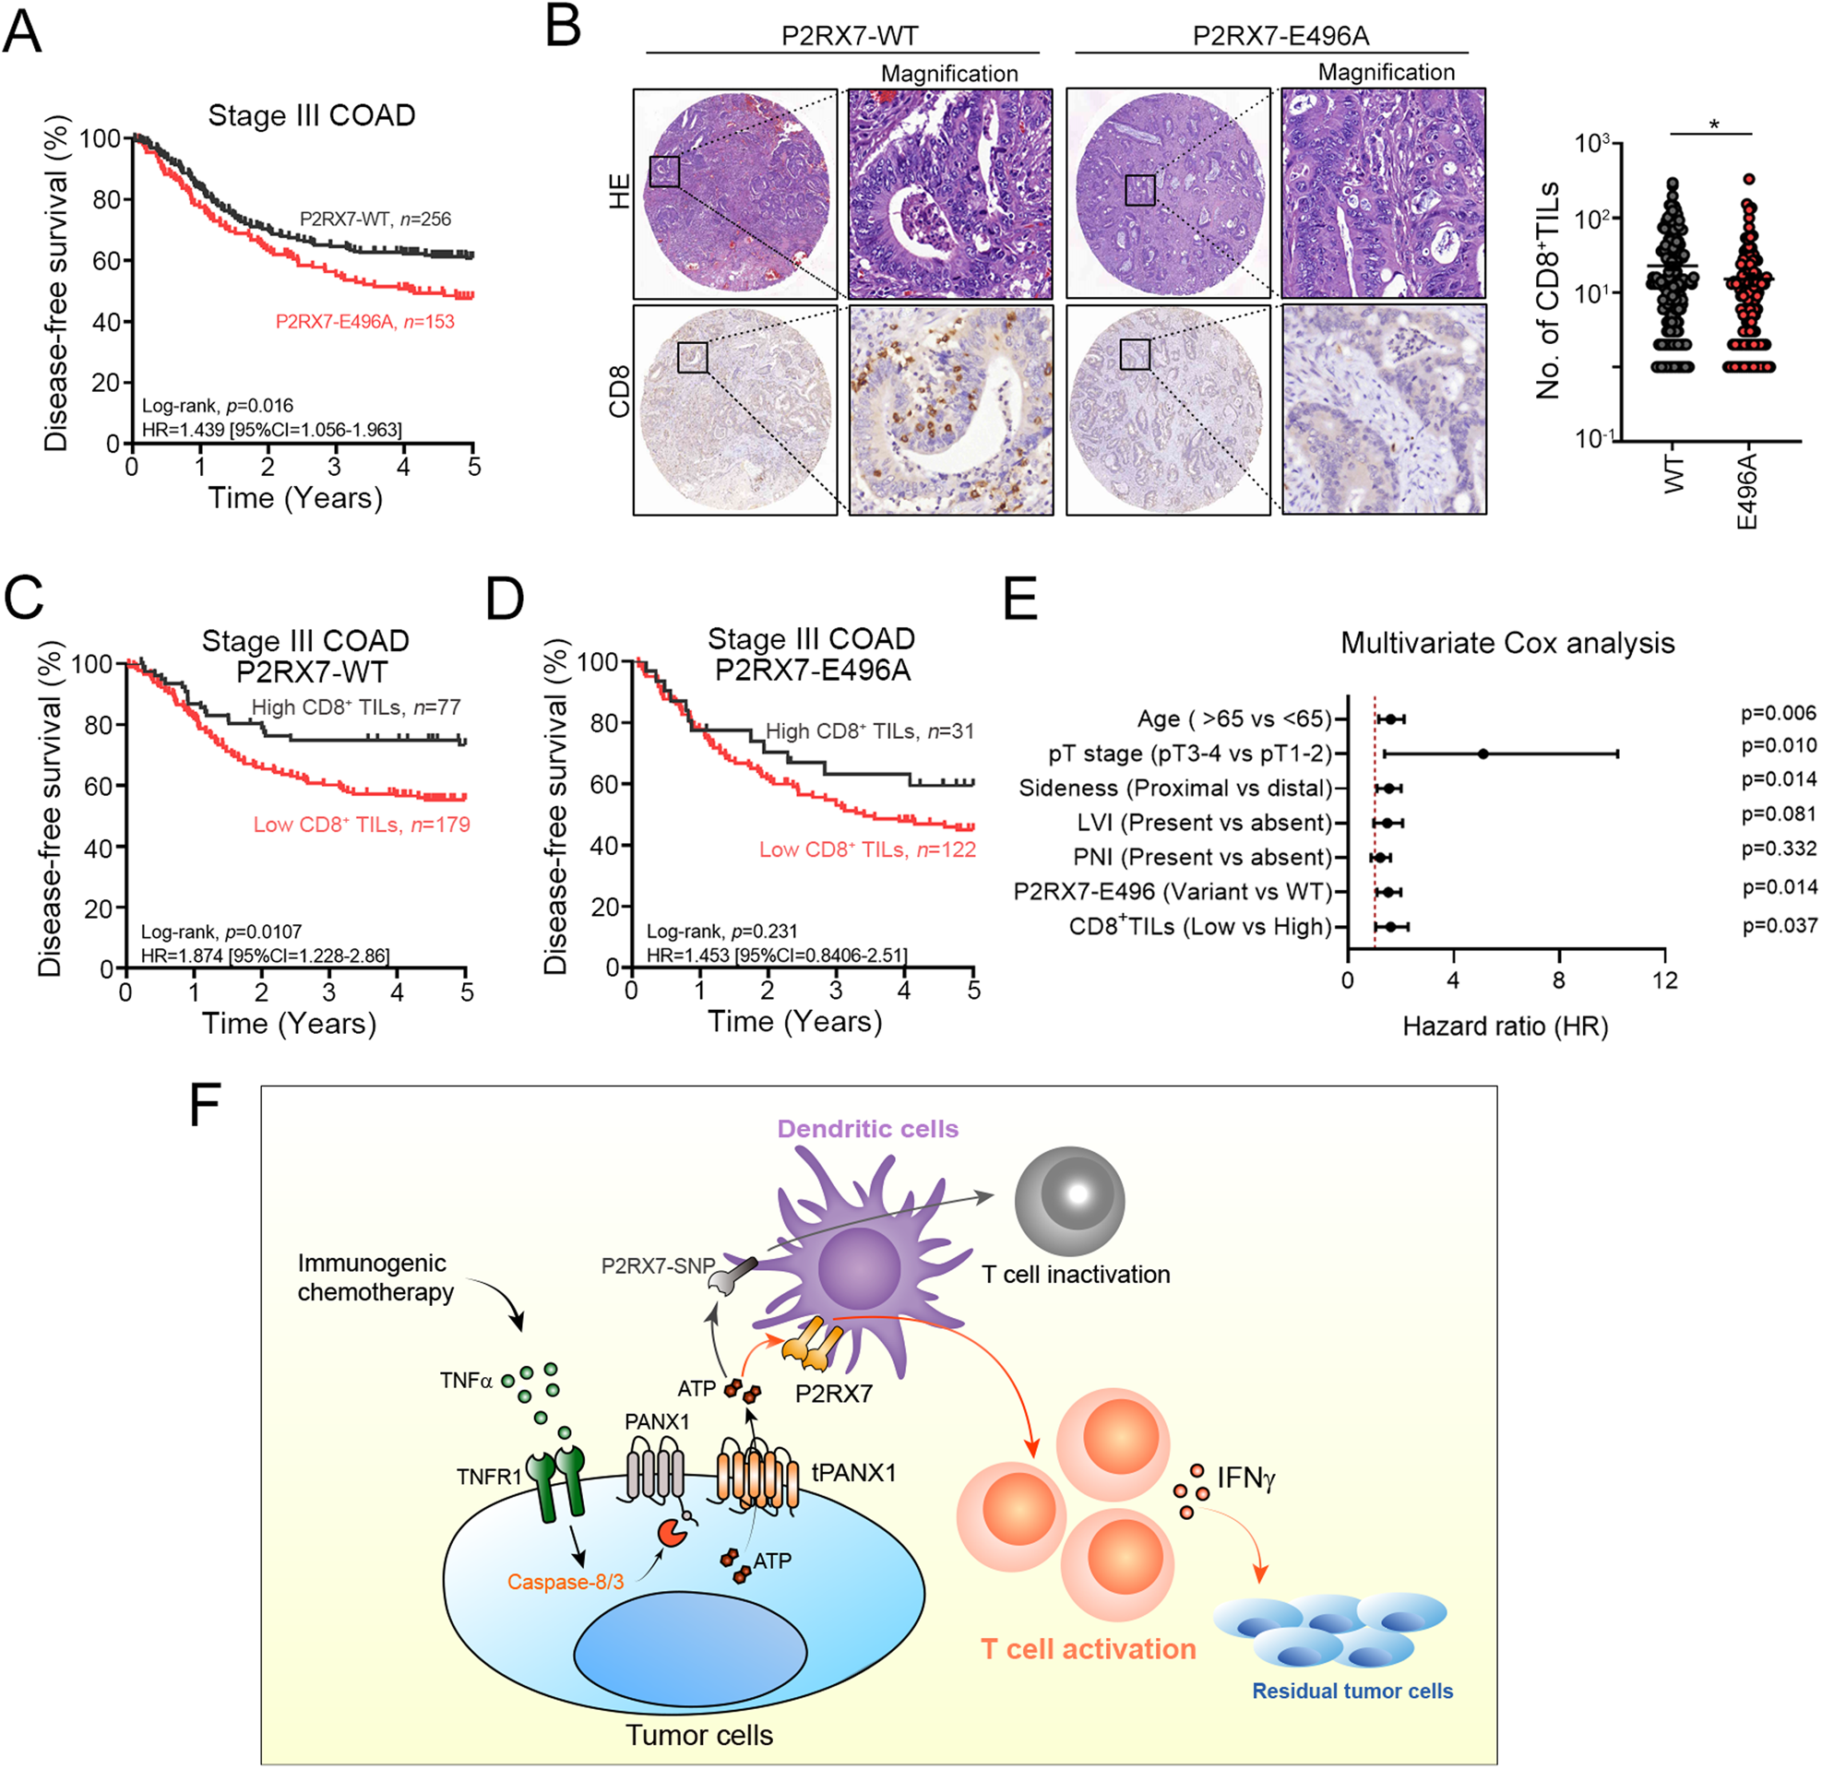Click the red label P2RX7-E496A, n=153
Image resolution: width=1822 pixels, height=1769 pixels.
coord(364,322)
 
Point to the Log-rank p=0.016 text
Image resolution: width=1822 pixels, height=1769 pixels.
coord(217,405)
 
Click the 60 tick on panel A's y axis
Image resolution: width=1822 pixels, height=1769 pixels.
coord(107,260)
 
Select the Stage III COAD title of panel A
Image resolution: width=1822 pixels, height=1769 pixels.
coord(312,115)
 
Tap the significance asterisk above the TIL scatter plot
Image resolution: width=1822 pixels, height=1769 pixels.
coord(1713,124)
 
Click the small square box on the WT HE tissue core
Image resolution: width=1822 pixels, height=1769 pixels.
coord(663,172)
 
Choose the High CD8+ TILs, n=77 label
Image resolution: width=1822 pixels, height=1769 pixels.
coord(355,707)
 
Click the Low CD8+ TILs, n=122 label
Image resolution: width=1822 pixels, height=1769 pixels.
coord(866,849)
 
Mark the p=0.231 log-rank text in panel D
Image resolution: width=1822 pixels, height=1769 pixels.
coord(721,932)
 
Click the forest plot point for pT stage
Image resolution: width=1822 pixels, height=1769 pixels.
coord(1483,754)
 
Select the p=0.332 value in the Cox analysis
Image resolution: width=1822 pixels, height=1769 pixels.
coord(1779,849)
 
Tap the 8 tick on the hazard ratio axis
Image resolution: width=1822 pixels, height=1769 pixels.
coord(1559,980)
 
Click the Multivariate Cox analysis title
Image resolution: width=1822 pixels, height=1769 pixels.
coord(1506,643)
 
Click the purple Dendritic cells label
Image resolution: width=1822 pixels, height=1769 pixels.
coord(867,1130)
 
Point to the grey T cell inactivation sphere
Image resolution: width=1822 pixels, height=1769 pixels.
coord(1069,1200)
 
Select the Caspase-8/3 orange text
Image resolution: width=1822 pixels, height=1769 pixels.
coord(566,1581)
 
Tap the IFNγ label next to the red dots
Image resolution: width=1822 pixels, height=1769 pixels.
coord(1245,1478)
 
